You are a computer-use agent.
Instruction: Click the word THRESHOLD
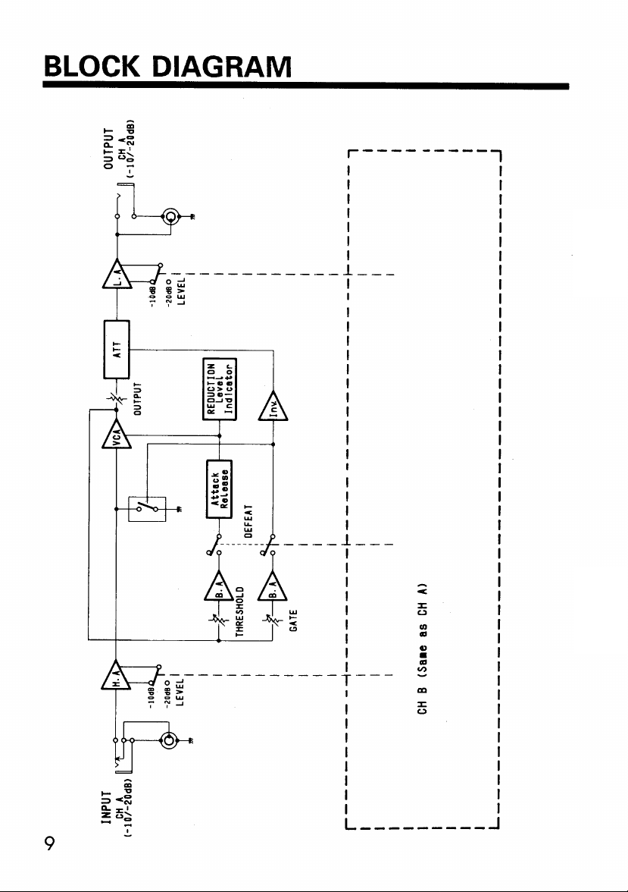tap(239, 614)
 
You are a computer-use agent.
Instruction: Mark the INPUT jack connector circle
tap(169, 740)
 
